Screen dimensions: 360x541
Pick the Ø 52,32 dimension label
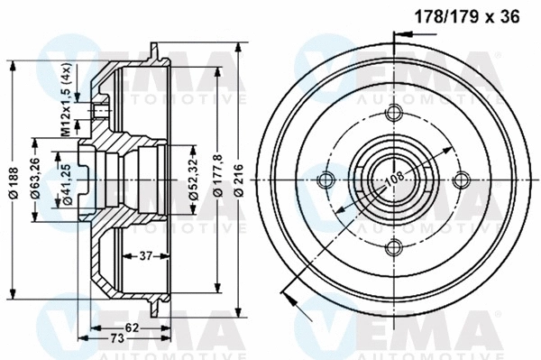coord(193,177)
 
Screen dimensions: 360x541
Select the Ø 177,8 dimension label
coord(215,177)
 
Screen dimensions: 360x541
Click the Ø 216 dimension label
coord(239,177)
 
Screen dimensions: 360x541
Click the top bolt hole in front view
coord(394,113)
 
